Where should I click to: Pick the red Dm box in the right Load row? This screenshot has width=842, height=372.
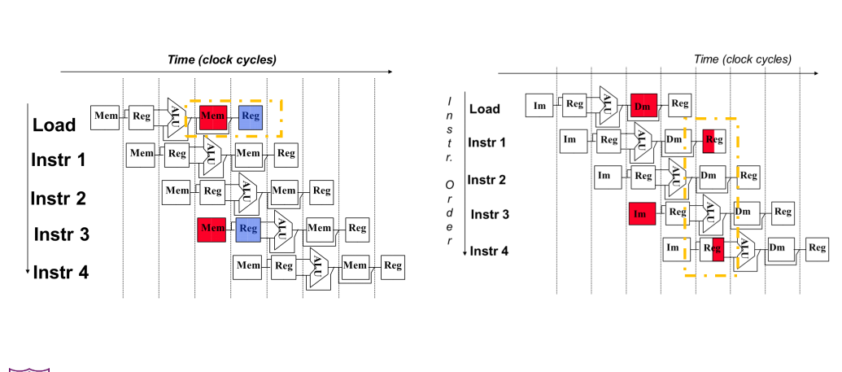coord(643,105)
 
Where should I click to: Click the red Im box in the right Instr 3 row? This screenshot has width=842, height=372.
coord(642,213)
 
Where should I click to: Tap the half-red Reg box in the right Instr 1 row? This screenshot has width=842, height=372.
coord(714,141)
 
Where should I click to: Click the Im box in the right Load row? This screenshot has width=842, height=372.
coord(539,105)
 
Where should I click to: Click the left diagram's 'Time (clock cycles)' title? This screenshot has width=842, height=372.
coord(222,59)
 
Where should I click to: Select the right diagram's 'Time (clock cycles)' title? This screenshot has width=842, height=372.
coord(743,59)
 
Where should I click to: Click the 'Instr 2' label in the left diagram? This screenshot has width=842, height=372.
coord(58,199)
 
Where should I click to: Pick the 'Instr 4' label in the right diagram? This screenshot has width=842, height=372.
coord(489,251)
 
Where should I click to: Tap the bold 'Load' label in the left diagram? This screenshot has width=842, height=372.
coord(55,125)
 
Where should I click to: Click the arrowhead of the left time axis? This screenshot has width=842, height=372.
coord(390,72)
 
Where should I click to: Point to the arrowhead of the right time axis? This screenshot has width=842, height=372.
coord(816,73)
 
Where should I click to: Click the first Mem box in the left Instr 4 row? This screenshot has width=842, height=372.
coord(248,266)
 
